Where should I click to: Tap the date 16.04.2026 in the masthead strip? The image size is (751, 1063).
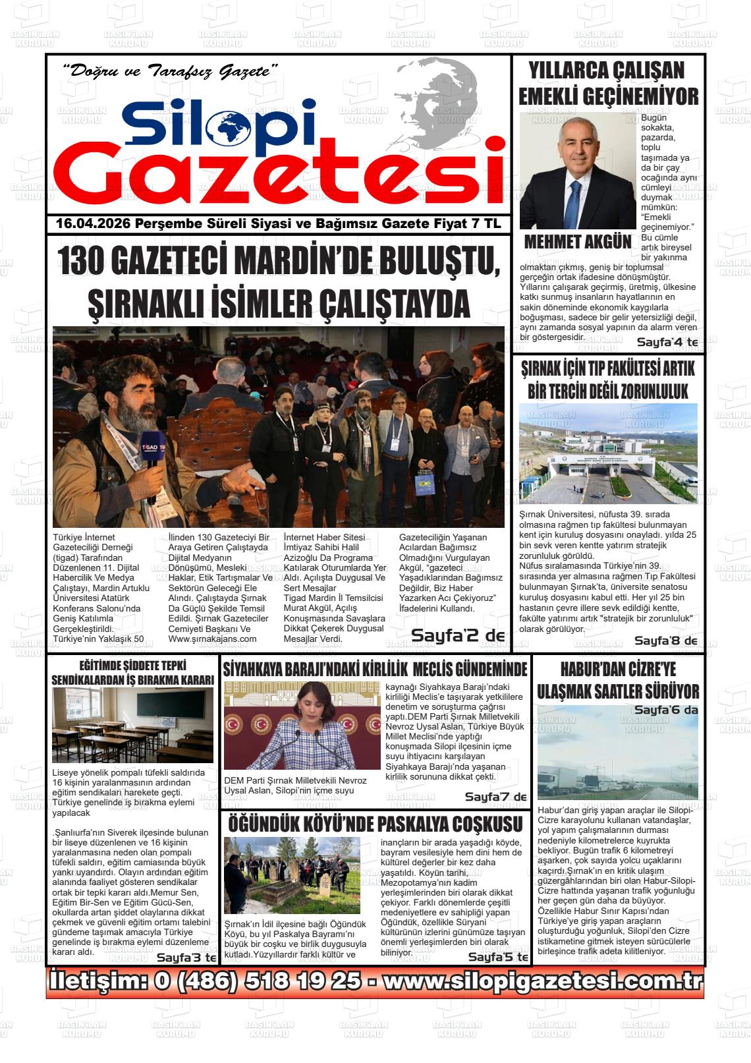(x=92, y=224)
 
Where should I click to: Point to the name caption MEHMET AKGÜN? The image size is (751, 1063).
(x=577, y=242)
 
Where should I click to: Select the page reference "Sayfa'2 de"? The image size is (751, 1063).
(x=458, y=635)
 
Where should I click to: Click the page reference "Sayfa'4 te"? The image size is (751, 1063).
(x=667, y=343)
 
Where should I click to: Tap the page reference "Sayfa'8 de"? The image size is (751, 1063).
(x=665, y=641)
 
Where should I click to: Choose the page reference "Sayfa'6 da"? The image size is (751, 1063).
(x=665, y=710)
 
